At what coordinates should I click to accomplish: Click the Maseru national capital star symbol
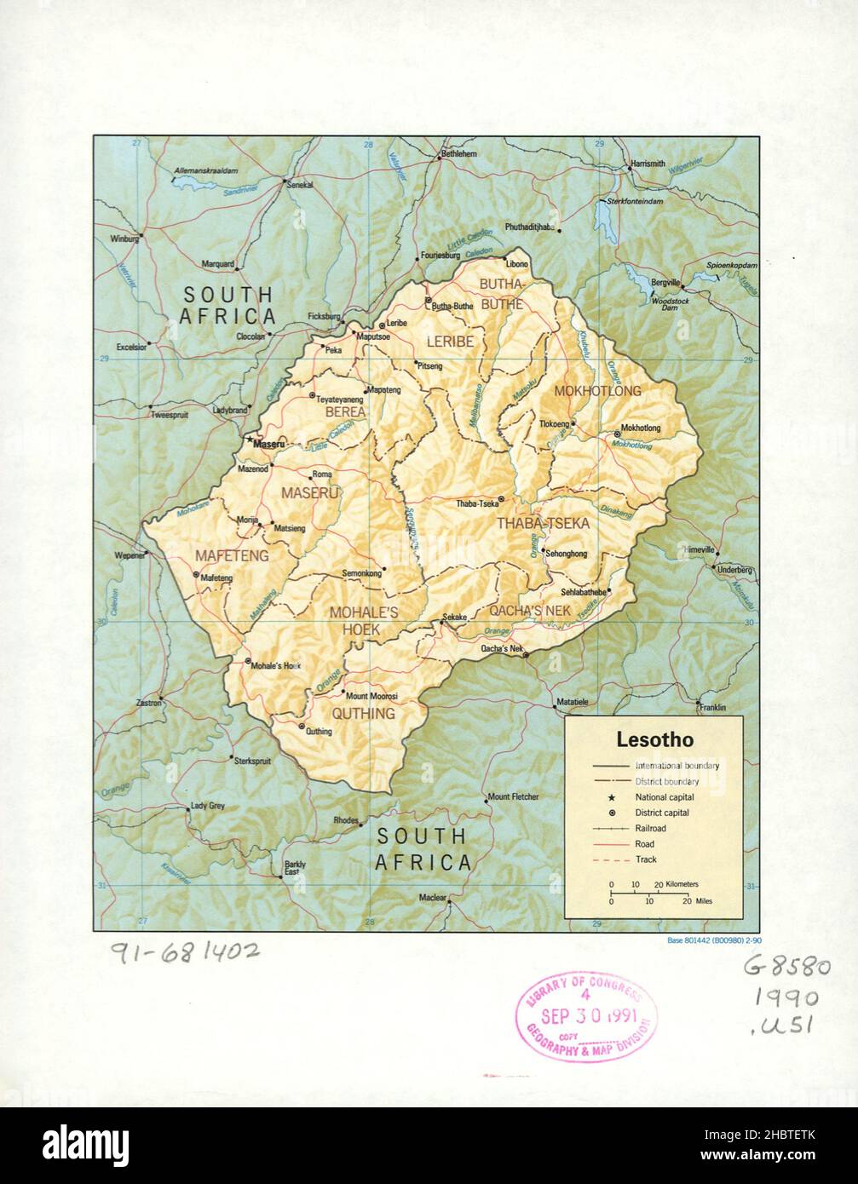[x=249, y=440]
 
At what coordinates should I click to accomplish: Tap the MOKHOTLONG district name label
[x=597, y=391]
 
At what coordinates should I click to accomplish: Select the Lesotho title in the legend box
[x=654, y=740]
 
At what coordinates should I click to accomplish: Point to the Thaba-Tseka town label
[x=477, y=503]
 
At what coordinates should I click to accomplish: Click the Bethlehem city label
[x=458, y=154]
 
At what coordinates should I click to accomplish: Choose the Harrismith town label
[x=648, y=164]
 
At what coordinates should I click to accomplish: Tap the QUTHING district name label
[x=363, y=713]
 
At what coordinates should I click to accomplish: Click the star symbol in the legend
[x=612, y=797]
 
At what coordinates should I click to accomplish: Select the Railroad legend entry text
[x=650, y=828]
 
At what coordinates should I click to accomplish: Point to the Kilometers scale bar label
[x=682, y=885]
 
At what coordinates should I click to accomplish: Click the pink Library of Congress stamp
[x=586, y=1016]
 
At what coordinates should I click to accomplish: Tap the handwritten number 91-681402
[x=185, y=952]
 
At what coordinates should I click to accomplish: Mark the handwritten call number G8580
[x=786, y=967]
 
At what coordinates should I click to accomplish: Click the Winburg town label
[x=124, y=239]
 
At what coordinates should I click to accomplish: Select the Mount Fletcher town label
[x=513, y=797]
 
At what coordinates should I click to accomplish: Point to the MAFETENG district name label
[x=232, y=555]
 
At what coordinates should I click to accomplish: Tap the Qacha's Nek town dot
[x=526, y=655]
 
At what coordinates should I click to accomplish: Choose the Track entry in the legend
[x=645, y=859]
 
